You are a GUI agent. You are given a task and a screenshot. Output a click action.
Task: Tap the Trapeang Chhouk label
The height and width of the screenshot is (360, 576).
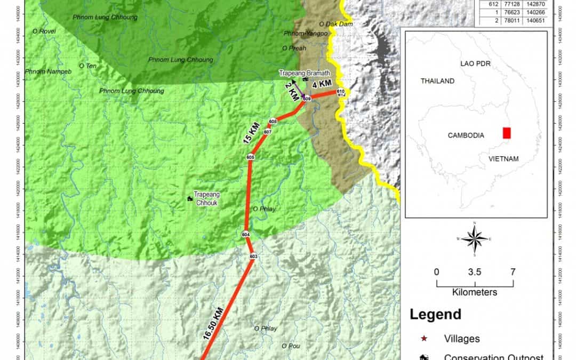pos(206,198)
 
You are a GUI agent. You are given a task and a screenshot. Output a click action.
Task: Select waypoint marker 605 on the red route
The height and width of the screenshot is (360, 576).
pos(251,157)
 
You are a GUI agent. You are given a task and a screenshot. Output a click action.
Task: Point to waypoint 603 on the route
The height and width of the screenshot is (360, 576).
pos(253,257)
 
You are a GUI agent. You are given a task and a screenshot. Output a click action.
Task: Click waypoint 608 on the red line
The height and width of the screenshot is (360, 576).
pos(273,122)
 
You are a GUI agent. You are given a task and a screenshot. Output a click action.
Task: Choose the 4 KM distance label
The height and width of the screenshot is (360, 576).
pos(322,84)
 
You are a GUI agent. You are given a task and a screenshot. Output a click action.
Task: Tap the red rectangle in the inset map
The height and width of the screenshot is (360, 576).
pos(507,132)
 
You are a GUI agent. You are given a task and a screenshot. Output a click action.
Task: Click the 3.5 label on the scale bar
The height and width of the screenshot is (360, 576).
pos(475,272)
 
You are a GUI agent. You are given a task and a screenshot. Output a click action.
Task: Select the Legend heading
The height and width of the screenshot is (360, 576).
pos(435,315)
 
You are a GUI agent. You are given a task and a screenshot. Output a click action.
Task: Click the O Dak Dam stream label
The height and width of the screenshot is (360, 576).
pos(332,24)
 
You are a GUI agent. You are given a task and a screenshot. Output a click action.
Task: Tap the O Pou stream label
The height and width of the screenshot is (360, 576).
pos(291,346)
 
